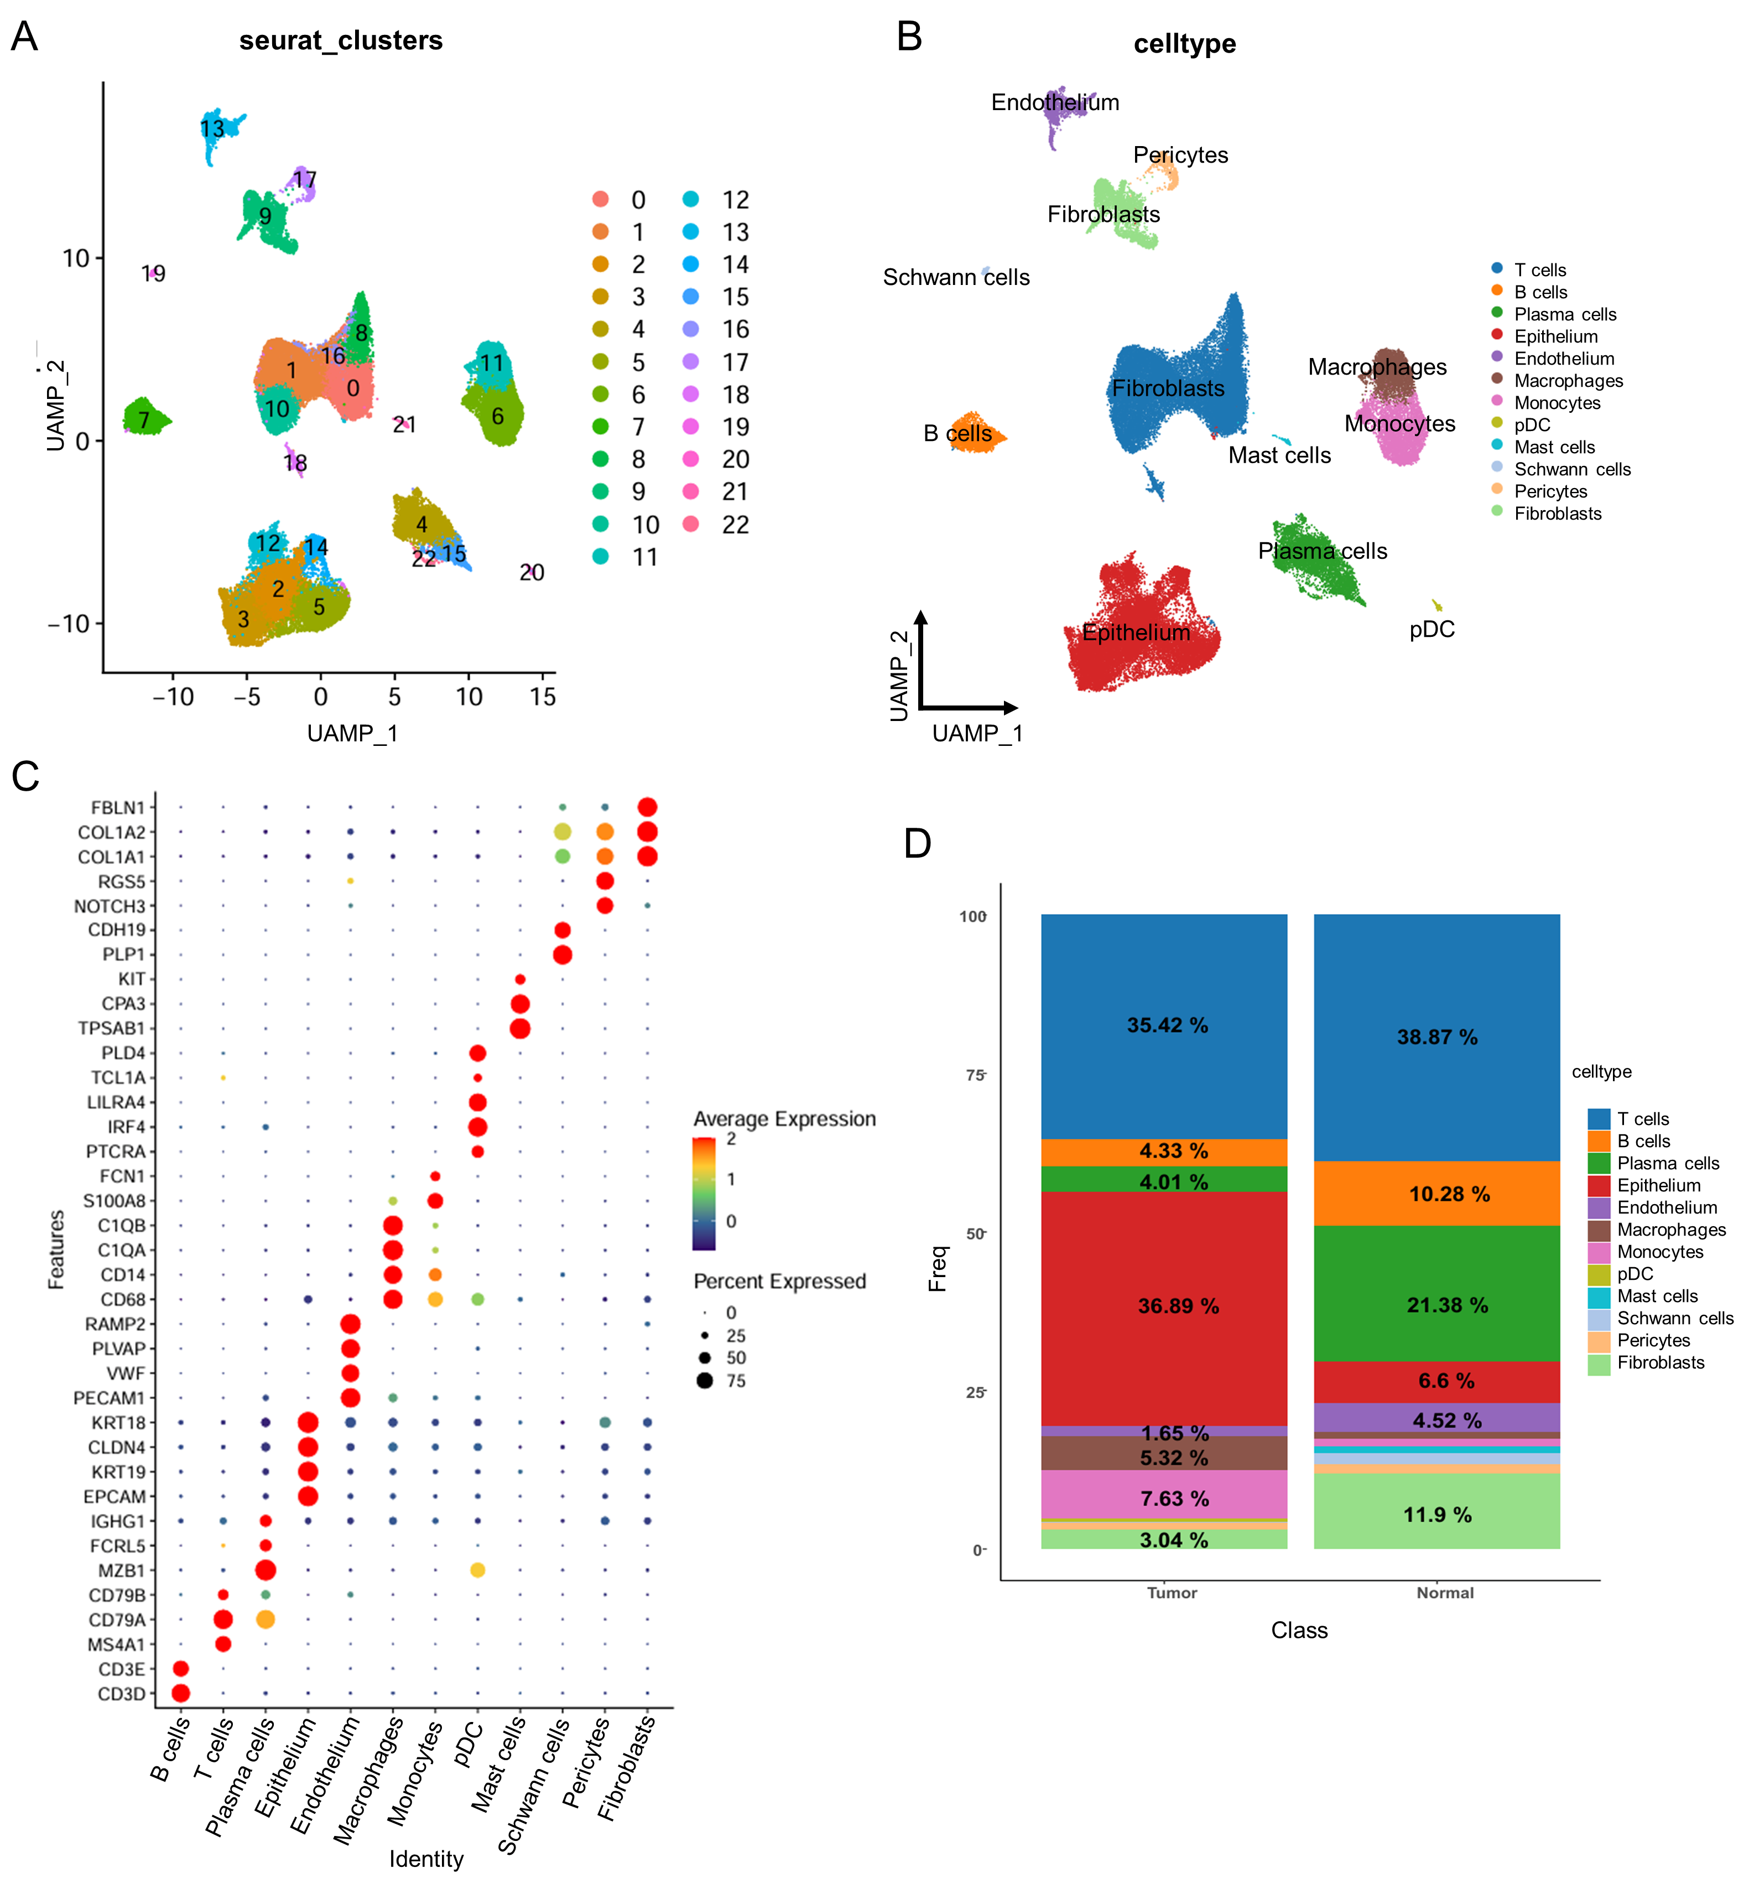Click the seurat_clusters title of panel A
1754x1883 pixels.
pos(340,41)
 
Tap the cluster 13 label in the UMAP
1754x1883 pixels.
pos(212,129)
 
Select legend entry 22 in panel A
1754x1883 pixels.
pos(735,525)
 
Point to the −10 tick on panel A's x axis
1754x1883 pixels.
pos(173,697)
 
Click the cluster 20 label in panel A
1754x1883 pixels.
pos(532,572)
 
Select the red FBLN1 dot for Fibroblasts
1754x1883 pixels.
pos(647,807)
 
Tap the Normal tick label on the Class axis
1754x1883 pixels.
pos(1444,1592)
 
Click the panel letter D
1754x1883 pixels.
pos(917,842)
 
